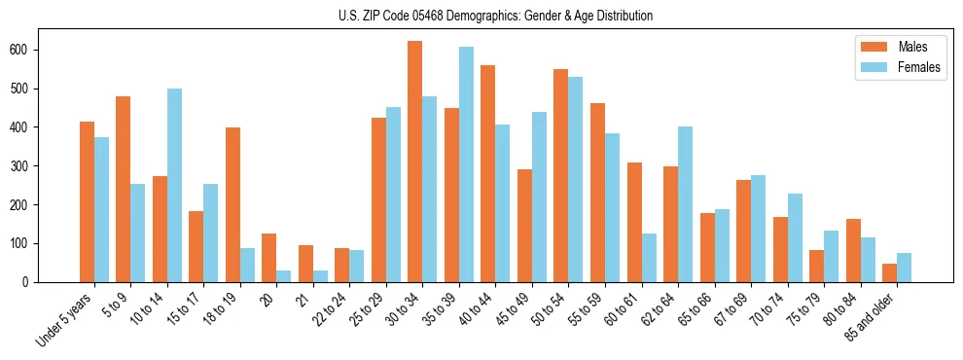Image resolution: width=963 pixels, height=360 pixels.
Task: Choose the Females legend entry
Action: tap(891, 69)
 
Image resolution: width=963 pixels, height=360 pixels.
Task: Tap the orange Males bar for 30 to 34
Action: tap(415, 162)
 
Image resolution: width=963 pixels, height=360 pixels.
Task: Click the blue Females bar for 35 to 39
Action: tap(466, 164)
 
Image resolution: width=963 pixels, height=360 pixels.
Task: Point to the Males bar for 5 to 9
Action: tap(124, 189)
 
